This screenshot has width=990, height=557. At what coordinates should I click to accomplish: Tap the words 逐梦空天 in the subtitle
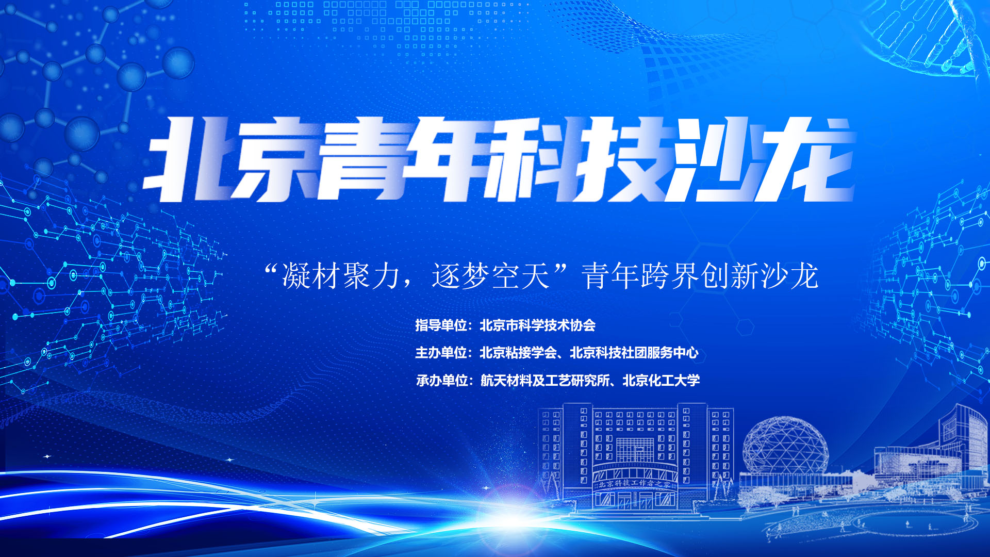pos(491,276)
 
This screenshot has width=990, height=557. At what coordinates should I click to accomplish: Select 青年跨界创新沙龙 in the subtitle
pos(700,276)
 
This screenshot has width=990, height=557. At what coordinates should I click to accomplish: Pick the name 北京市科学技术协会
pos(538,325)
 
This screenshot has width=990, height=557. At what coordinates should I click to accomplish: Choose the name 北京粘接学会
pos(518,353)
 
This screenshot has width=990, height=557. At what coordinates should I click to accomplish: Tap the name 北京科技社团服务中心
pos(634,353)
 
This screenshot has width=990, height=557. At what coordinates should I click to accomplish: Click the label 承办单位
pos(442,381)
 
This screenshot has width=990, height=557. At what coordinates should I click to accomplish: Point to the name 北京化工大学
pos(662,381)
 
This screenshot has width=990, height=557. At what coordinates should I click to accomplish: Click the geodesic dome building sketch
pos(785,446)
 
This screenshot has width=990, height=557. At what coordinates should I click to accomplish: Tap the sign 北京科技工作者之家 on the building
pos(635,484)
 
